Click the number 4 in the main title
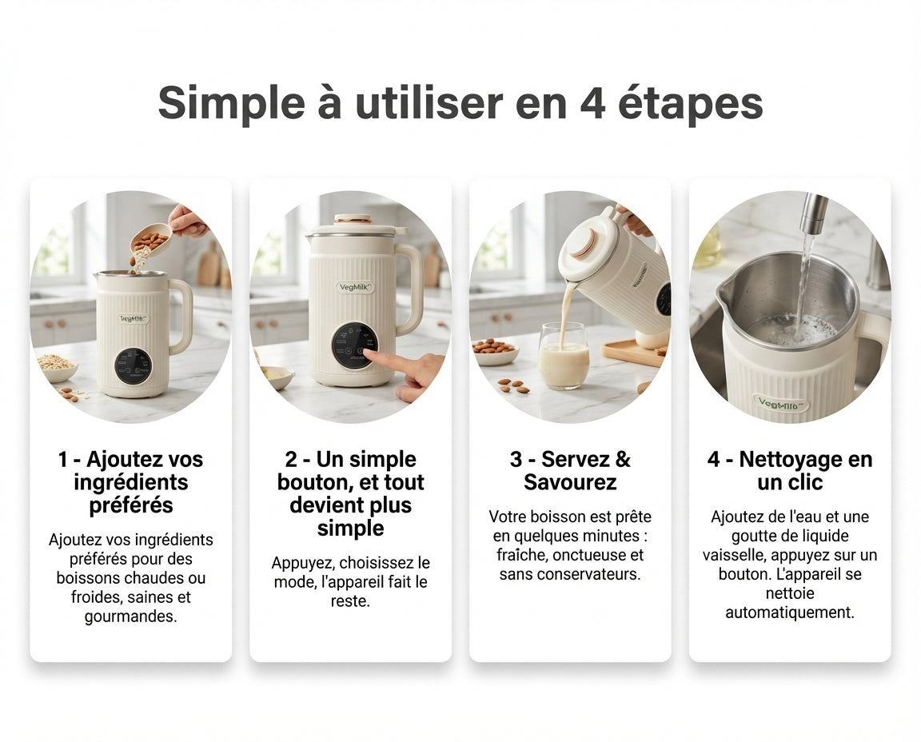(592, 103)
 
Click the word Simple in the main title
(231, 104)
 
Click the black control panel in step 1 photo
(134, 365)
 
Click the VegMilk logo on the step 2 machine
(355, 287)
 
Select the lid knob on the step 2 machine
(353, 219)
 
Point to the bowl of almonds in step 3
(495, 350)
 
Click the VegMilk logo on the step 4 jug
(783, 404)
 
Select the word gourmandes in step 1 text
(130, 616)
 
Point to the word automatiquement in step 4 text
(789, 612)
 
